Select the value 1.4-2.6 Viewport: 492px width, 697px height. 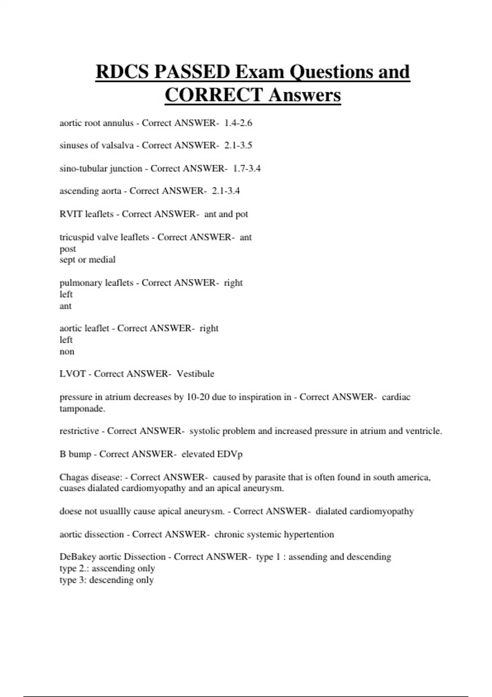[238, 123]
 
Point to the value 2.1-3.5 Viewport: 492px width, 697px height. [238, 146]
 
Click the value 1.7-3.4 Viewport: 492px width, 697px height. [247, 169]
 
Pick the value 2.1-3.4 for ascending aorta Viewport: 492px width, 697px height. [226, 191]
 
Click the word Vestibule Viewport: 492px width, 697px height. [195, 374]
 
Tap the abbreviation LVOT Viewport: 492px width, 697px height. [73, 374]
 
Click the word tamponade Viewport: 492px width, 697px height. [82, 409]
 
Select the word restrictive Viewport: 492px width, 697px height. [79, 431]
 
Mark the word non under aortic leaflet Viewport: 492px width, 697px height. [67, 352]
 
